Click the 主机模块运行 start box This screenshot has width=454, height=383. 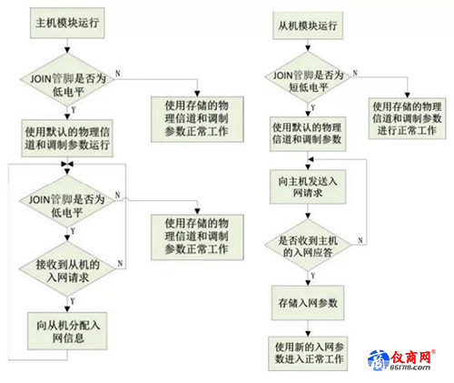67,23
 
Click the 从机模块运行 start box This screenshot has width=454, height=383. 308,25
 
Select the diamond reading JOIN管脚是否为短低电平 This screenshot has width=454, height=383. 308,77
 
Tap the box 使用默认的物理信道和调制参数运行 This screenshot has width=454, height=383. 67,138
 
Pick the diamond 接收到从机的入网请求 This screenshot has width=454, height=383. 67,269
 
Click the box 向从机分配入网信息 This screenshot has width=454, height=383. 67,331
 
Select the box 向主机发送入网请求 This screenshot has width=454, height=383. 308,186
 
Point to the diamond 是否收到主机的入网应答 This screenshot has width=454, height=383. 308,245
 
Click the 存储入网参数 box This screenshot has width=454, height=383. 308,303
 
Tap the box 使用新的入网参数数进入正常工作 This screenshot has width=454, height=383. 308,354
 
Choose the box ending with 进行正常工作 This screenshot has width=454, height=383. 407,118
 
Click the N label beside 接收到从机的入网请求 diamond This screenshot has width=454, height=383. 120,263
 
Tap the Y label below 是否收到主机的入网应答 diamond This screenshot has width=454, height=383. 313,276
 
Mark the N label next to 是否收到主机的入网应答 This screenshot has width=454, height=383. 360,240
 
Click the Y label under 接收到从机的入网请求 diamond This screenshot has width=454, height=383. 73,301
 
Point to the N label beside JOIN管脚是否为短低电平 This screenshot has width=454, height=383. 355,73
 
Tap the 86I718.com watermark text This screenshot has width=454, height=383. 410,368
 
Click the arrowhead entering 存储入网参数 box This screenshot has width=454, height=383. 308,283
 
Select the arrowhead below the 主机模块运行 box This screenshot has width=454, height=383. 67,50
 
